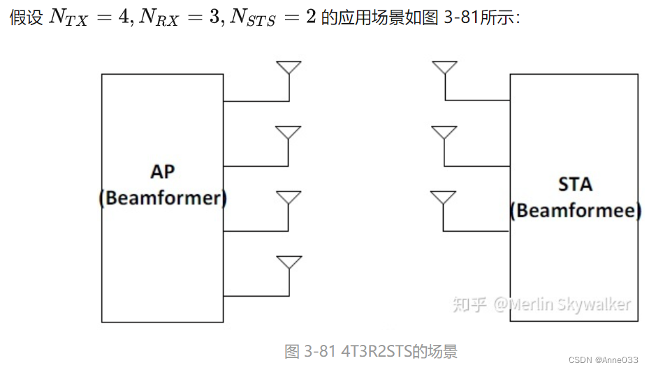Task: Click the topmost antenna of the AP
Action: tap(289, 68)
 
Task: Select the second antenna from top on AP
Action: tap(289, 133)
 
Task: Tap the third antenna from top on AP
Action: tap(289, 198)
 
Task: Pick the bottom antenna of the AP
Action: tap(289, 262)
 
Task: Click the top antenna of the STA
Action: tap(444, 68)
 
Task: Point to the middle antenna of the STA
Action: tap(444, 133)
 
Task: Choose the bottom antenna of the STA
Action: tap(444, 198)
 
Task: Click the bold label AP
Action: tap(163, 172)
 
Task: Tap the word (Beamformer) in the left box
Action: tap(163, 198)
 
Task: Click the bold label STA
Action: tap(575, 184)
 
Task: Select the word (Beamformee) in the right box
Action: tap(575, 210)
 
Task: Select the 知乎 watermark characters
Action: tap(469, 304)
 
